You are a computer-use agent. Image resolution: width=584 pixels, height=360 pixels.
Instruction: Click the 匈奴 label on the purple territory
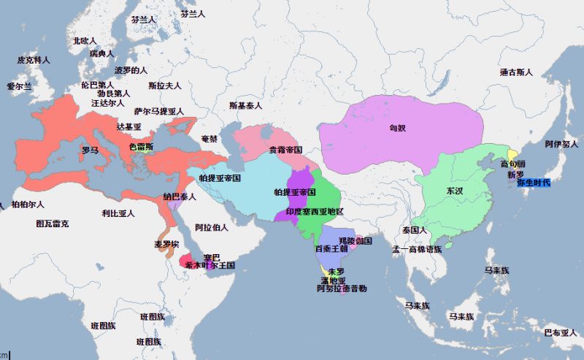pyautogui.click(x=397, y=128)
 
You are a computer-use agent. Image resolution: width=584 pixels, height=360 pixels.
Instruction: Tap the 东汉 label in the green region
pyautogui.click(x=454, y=191)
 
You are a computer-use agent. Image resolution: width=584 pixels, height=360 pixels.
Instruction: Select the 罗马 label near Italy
pyautogui.click(x=90, y=150)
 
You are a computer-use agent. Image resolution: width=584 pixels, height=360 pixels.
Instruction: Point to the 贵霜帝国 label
pyautogui.click(x=285, y=150)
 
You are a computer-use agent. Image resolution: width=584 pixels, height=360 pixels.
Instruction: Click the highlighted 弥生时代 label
pyautogui.click(x=534, y=182)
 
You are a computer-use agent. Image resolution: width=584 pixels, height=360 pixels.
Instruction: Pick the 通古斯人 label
pyautogui.click(x=516, y=72)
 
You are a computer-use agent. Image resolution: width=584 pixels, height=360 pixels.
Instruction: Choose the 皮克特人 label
pyautogui.click(x=33, y=60)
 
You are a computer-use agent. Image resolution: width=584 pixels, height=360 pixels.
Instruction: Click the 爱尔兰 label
pyautogui.click(x=20, y=86)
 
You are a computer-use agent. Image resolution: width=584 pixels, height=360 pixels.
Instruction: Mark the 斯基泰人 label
pyautogui.click(x=245, y=106)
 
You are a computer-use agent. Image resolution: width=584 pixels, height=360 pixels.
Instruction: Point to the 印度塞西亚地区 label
pyautogui.click(x=314, y=211)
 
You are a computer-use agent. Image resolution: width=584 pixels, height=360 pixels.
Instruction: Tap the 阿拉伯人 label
pyautogui.click(x=212, y=227)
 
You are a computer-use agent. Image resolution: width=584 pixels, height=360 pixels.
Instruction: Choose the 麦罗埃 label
pyautogui.click(x=166, y=244)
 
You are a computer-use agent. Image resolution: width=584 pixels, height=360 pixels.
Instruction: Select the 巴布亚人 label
pyautogui.click(x=561, y=332)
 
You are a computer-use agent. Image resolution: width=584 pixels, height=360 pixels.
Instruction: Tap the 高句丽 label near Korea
pyautogui.click(x=516, y=164)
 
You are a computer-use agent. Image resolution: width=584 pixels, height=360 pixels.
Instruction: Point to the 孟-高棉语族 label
pyautogui.click(x=417, y=249)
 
